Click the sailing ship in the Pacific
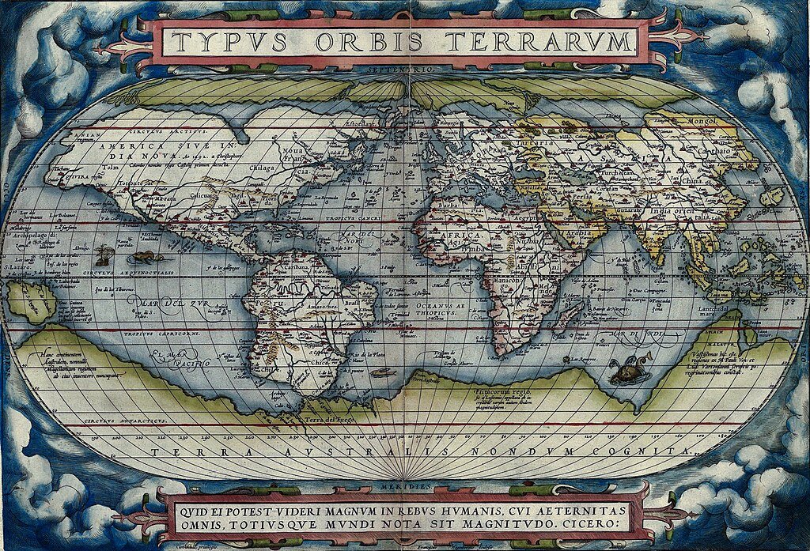click(x=102, y=255)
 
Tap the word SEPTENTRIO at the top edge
click(x=406, y=70)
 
